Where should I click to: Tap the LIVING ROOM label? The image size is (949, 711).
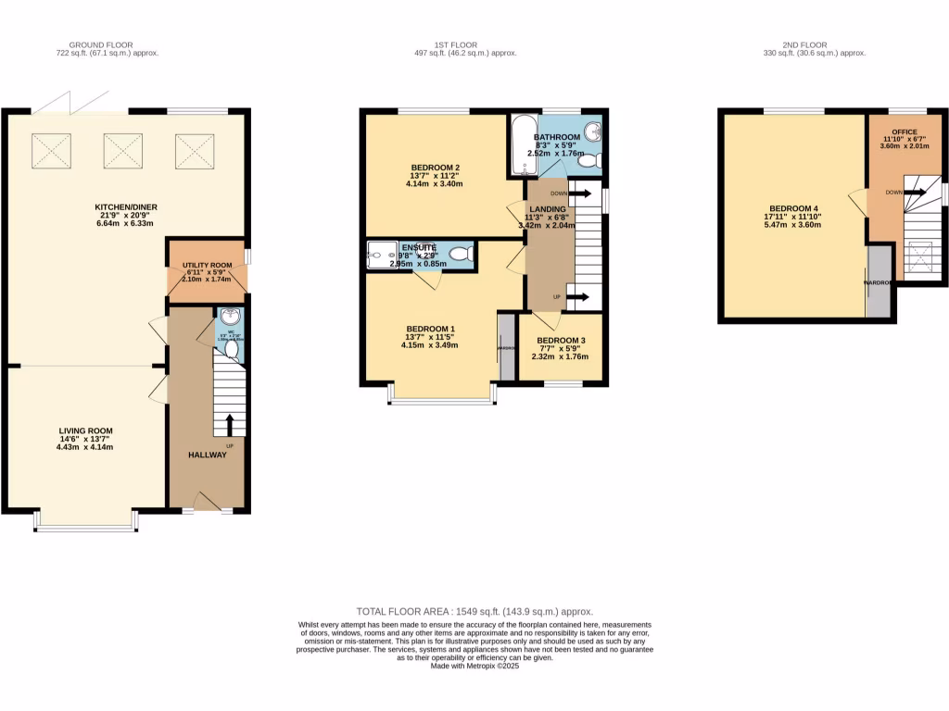[85, 431]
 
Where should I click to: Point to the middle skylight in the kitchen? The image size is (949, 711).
[121, 149]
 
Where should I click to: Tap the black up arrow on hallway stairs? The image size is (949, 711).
[230, 426]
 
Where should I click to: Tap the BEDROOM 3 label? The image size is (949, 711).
[561, 341]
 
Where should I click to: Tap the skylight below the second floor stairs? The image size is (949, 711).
[919, 254]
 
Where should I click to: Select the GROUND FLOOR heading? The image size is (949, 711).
[101, 44]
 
